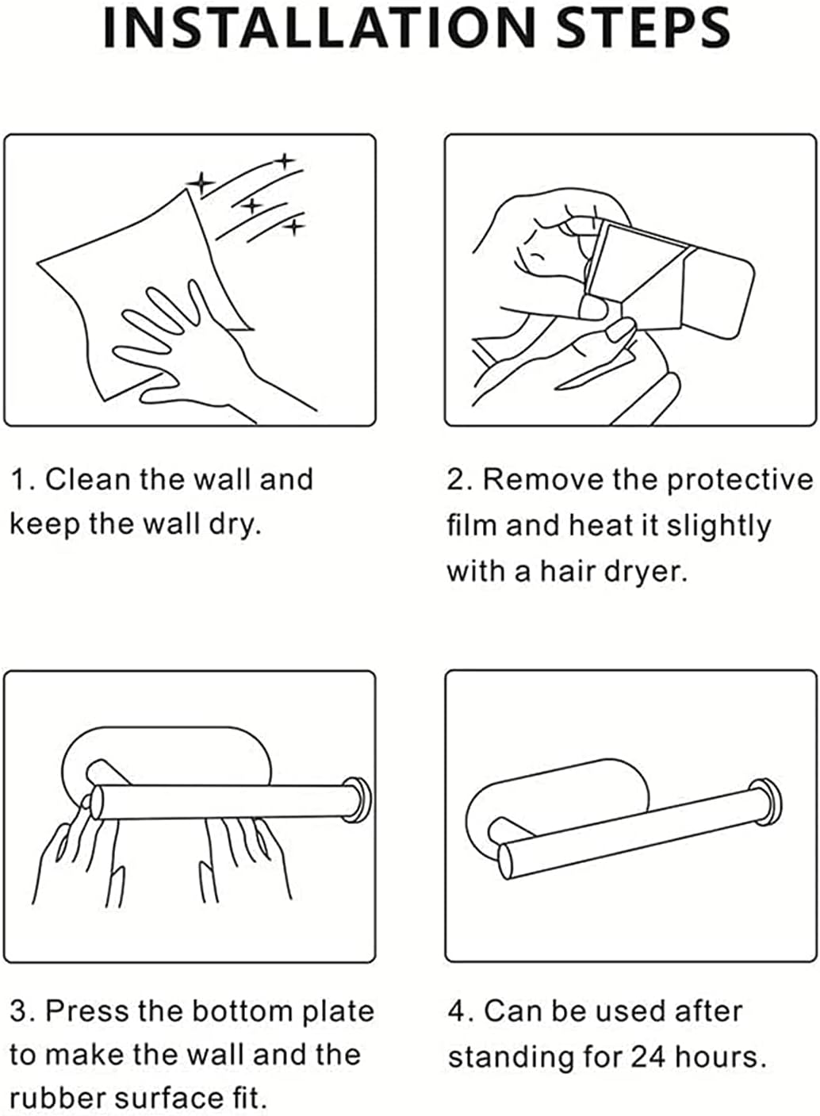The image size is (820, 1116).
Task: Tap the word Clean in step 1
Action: (x=88, y=479)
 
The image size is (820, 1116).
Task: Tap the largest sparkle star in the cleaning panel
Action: (x=201, y=183)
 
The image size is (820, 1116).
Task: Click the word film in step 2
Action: (x=471, y=525)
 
